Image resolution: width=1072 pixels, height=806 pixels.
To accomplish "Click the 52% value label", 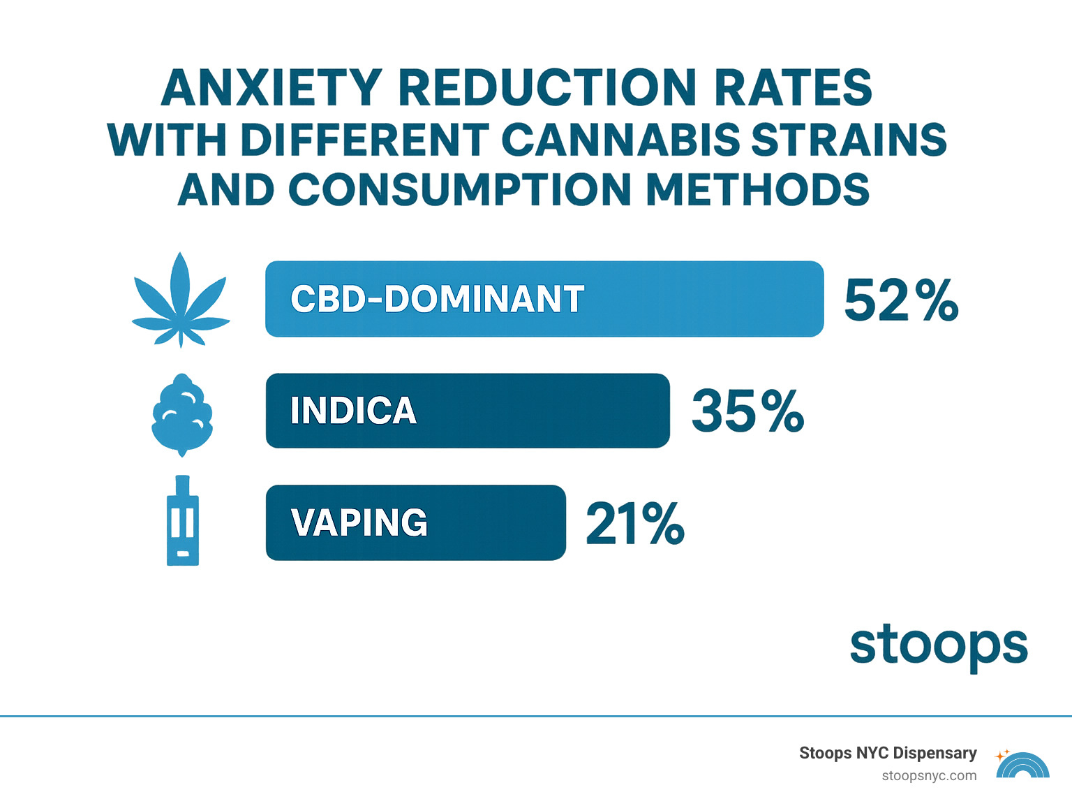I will click(x=900, y=301).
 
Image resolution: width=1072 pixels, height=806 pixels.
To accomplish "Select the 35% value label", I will click(x=747, y=411).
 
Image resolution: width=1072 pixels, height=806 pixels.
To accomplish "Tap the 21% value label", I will click(x=634, y=523).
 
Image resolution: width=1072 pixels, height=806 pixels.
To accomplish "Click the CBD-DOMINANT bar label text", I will click(x=437, y=300).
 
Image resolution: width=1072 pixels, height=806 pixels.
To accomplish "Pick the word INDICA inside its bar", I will click(x=353, y=411).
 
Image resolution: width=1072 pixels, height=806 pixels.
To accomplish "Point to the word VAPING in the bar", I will click(x=359, y=522).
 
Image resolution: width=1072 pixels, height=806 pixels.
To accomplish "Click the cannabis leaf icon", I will click(x=181, y=300).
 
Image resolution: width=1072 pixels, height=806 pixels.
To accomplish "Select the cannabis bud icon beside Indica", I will click(x=182, y=415).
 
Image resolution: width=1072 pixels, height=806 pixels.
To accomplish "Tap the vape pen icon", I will click(x=183, y=521).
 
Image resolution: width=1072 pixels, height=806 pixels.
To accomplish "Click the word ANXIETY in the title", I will click(x=271, y=89).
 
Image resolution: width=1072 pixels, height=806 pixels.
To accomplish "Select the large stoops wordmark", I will click(x=938, y=646).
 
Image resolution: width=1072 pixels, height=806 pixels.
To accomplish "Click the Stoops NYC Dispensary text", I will click(x=887, y=753).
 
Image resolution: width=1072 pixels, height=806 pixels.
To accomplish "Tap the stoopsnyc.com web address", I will click(x=928, y=776).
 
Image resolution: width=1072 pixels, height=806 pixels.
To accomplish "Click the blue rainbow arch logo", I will click(x=1023, y=767).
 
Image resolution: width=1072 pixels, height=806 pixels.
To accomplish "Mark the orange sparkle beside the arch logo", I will click(x=1002, y=755).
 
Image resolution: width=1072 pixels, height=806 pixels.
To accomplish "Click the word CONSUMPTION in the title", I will click(x=460, y=190).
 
